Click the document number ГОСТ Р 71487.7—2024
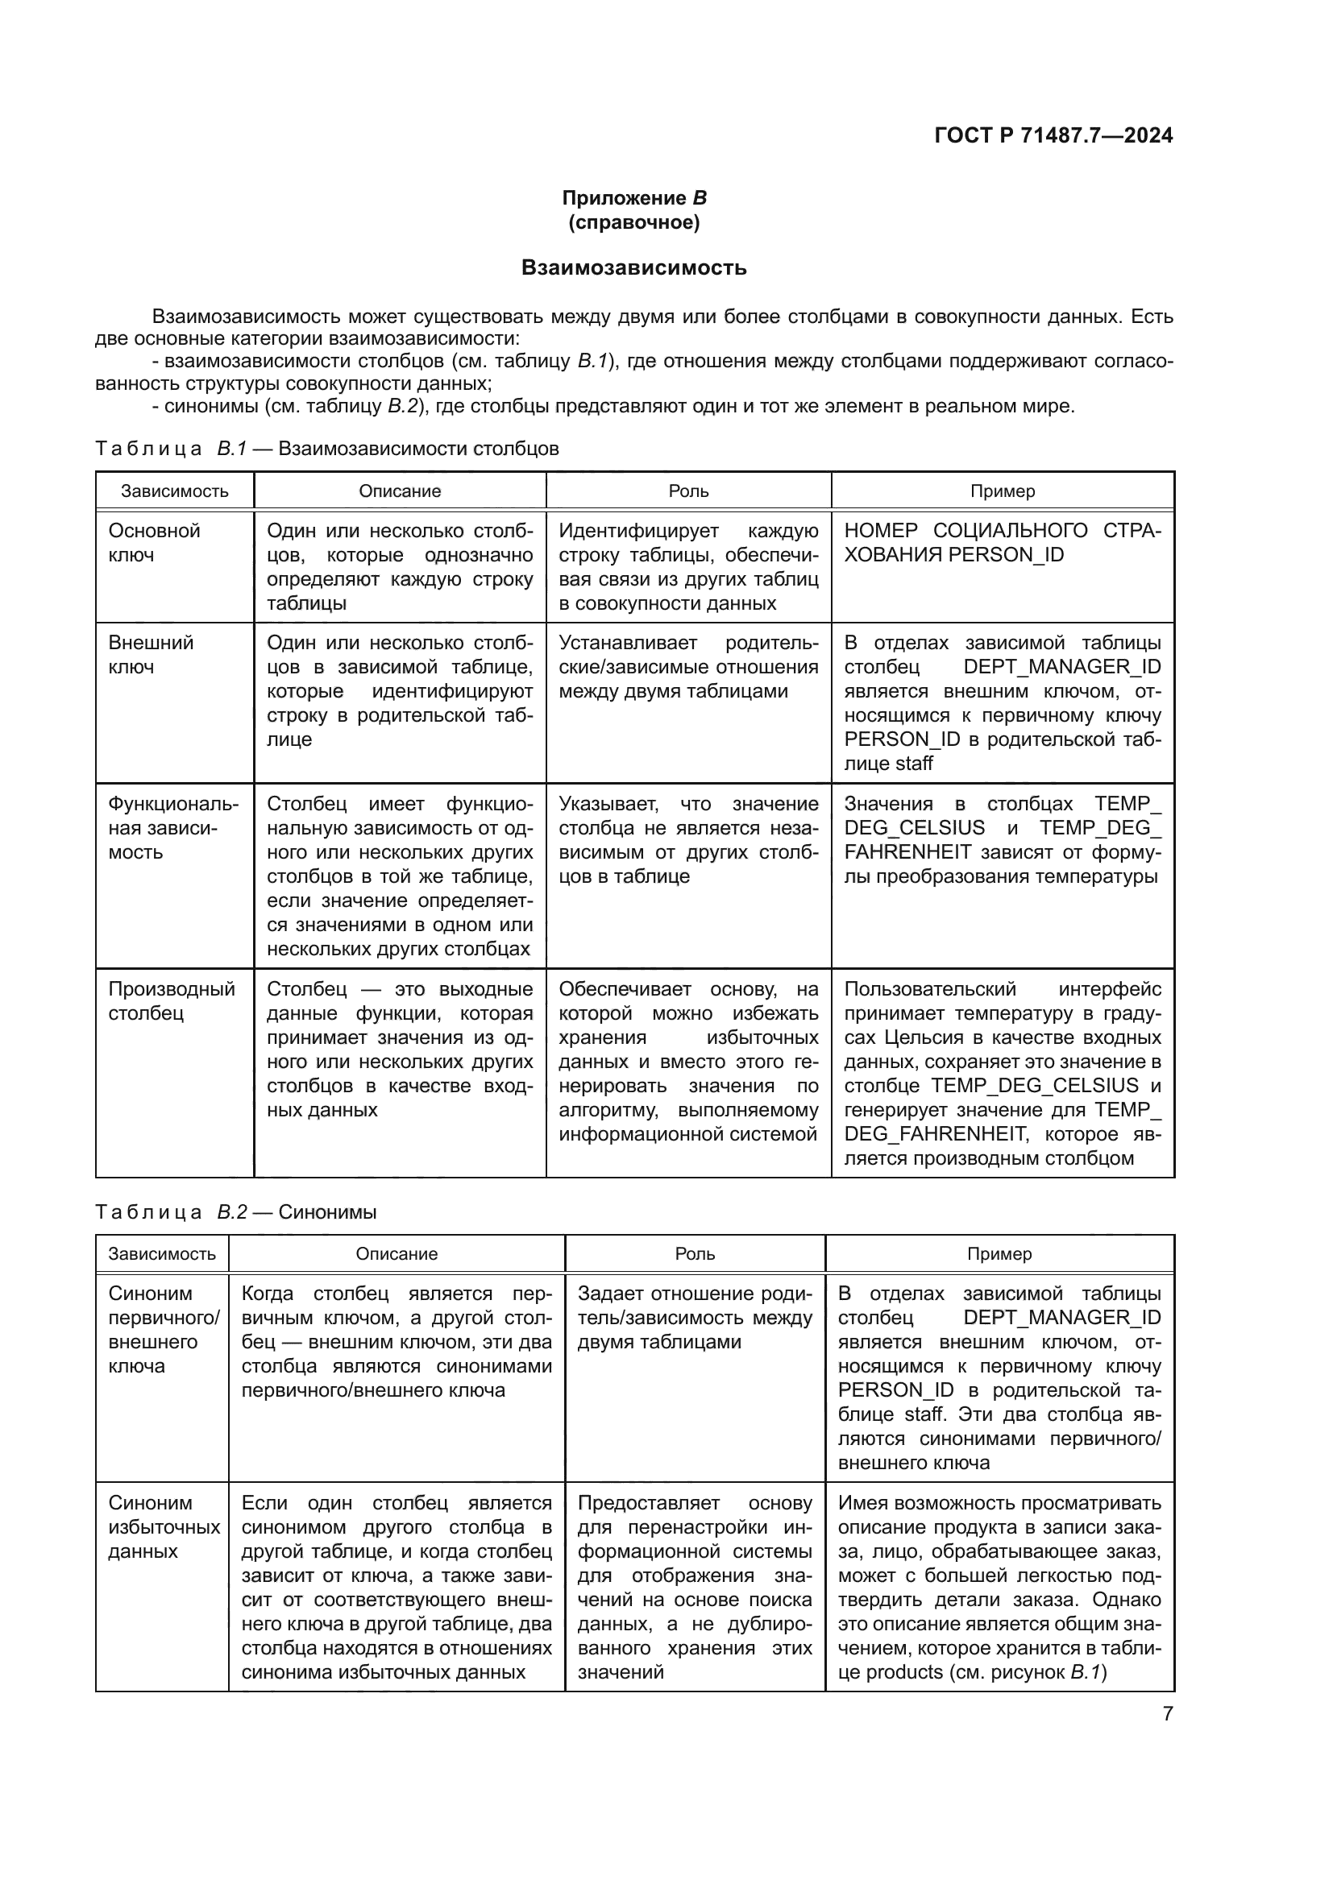1053,135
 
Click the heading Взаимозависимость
633,267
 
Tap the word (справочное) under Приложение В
633,222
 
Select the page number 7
1167,1713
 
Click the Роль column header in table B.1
687,491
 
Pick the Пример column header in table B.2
999,1254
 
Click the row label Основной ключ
154,542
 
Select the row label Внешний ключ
151,654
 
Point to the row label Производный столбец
172,1000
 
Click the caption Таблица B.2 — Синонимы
235,1212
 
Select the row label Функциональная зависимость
173,828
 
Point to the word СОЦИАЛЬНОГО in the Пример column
1010,531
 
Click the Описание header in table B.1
400,491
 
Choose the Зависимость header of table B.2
163,1254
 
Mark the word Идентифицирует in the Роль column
638,531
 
